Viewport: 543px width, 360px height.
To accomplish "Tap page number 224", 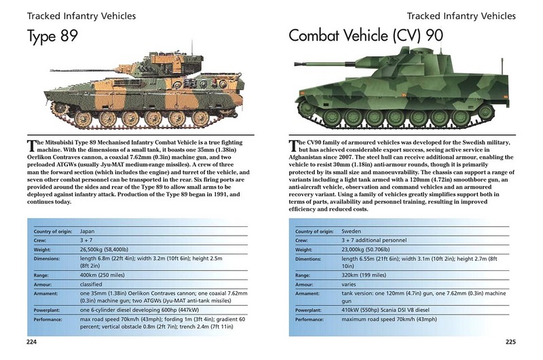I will (32, 341).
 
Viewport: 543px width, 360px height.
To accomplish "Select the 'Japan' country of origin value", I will (87, 232).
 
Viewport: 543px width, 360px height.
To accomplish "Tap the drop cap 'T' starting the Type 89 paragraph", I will (31, 145).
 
